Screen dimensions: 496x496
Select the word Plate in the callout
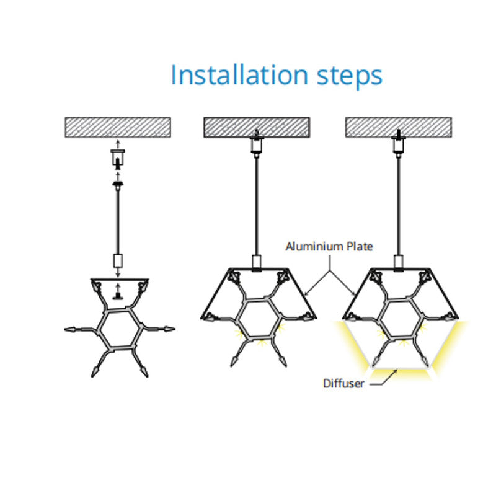click(x=360, y=247)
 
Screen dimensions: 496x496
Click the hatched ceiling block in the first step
click(x=118, y=127)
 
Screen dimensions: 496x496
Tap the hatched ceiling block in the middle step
click(x=256, y=127)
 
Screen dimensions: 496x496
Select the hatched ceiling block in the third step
click(x=397, y=127)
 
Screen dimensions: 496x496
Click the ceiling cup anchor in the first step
click(x=117, y=159)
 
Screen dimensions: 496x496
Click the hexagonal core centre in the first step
click(x=118, y=329)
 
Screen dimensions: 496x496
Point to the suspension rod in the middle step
click(x=256, y=205)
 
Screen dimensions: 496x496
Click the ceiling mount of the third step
click(x=397, y=144)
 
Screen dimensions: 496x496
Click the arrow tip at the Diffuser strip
click(x=396, y=371)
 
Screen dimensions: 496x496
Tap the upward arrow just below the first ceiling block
click(x=117, y=143)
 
